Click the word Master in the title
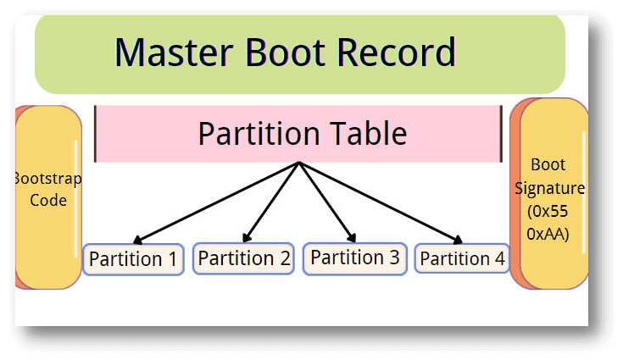[x=175, y=53]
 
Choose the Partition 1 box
[x=133, y=259]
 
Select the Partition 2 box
[x=243, y=258]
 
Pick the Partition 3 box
[x=353, y=258]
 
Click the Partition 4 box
[x=462, y=259]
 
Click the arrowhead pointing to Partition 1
[x=138, y=241]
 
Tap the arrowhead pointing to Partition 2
[x=247, y=238]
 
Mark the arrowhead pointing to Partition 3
[x=352, y=238]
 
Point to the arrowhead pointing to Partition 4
[x=458, y=241]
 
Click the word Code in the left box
[x=48, y=201]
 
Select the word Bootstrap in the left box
[x=47, y=179]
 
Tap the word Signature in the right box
[x=549, y=187]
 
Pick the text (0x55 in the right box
[x=548, y=210]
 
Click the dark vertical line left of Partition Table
[x=95, y=134]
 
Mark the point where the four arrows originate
[x=299, y=163]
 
